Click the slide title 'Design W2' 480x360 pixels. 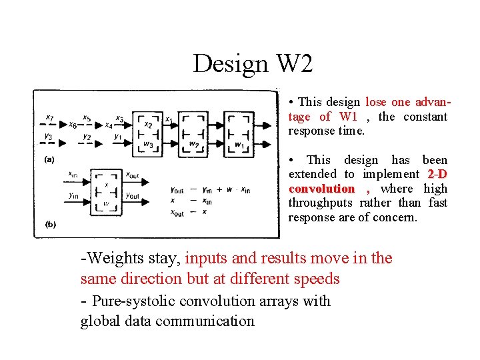pos(253,63)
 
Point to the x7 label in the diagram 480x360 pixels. pos(50,118)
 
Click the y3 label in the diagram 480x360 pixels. pos(48,137)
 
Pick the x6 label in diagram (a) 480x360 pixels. pos(73,125)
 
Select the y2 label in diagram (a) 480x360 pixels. pos(87,137)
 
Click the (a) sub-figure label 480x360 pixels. pos(49,159)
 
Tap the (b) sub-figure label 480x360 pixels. pos(51,225)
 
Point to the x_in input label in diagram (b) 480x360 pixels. pos(73,175)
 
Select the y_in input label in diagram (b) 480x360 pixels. pos(73,196)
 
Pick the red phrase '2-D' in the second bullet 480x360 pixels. pos(437,174)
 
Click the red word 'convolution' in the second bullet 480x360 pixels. pos(321,189)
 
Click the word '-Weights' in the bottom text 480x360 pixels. pos(106,259)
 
